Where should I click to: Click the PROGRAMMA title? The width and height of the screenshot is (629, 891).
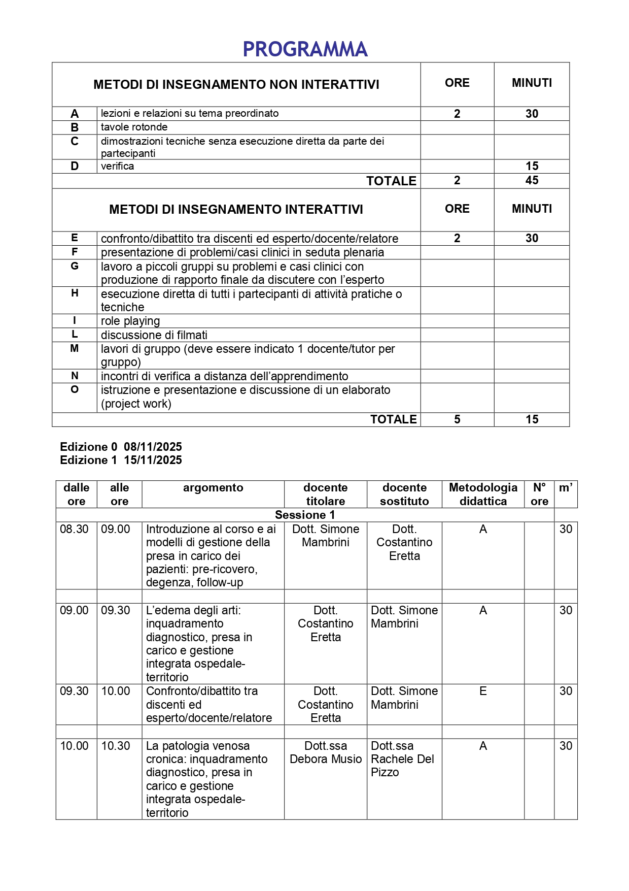tap(305, 49)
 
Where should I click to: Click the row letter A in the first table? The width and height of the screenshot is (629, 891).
tap(75, 114)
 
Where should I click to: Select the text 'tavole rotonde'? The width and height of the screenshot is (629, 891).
tap(134, 127)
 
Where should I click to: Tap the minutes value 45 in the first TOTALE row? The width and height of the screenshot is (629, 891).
tap(532, 180)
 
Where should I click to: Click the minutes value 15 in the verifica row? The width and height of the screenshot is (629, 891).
tap(532, 166)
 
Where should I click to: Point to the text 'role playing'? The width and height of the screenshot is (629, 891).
tap(130, 321)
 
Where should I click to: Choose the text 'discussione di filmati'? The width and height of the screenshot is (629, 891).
tap(154, 335)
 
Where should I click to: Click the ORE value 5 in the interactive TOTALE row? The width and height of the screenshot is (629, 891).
tap(457, 419)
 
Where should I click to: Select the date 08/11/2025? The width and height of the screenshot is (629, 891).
tap(153, 447)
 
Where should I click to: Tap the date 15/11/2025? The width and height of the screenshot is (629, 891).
tap(153, 460)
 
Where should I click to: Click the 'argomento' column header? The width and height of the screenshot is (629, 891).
tap(213, 488)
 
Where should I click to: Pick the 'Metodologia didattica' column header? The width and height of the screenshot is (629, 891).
tap(483, 494)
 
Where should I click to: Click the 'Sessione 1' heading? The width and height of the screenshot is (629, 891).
tap(305, 515)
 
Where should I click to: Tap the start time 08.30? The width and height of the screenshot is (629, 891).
tap(74, 529)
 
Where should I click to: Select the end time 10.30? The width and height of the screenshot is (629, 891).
tap(116, 746)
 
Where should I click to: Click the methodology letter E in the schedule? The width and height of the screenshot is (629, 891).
tap(483, 691)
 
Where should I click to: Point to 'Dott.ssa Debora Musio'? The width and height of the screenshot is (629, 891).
tap(326, 752)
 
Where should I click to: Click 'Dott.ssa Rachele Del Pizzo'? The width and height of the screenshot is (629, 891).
tap(402, 759)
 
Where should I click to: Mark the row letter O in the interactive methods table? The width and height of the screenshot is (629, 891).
tap(75, 390)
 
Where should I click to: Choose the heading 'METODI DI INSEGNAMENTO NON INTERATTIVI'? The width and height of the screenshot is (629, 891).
tap(236, 85)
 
